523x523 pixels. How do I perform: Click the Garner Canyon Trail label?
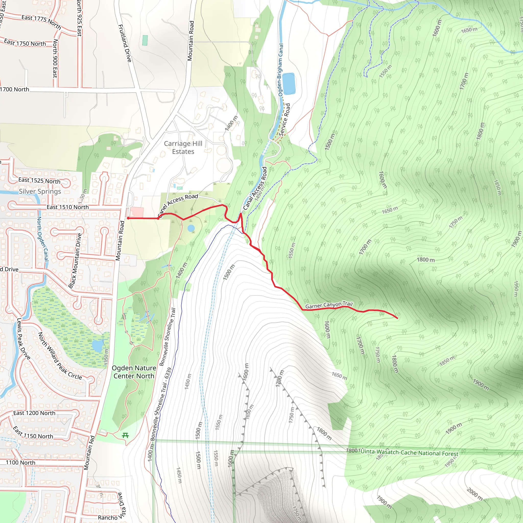click(x=329, y=305)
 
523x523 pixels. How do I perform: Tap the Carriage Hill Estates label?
click(x=183, y=148)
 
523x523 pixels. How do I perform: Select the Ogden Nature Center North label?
click(x=134, y=372)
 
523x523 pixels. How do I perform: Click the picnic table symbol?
click(x=125, y=436)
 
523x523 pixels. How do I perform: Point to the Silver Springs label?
click(x=40, y=191)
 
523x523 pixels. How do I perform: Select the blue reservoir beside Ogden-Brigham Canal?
click(x=289, y=83)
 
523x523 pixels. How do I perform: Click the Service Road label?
click(x=284, y=120)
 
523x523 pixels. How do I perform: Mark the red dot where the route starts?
click(x=128, y=218)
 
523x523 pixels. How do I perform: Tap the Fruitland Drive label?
click(x=125, y=43)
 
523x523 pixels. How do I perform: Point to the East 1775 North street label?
click(x=41, y=22)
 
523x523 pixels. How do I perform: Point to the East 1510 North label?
click(x=68, y=207)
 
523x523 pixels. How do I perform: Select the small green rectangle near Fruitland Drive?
click(x=145, y=40)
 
